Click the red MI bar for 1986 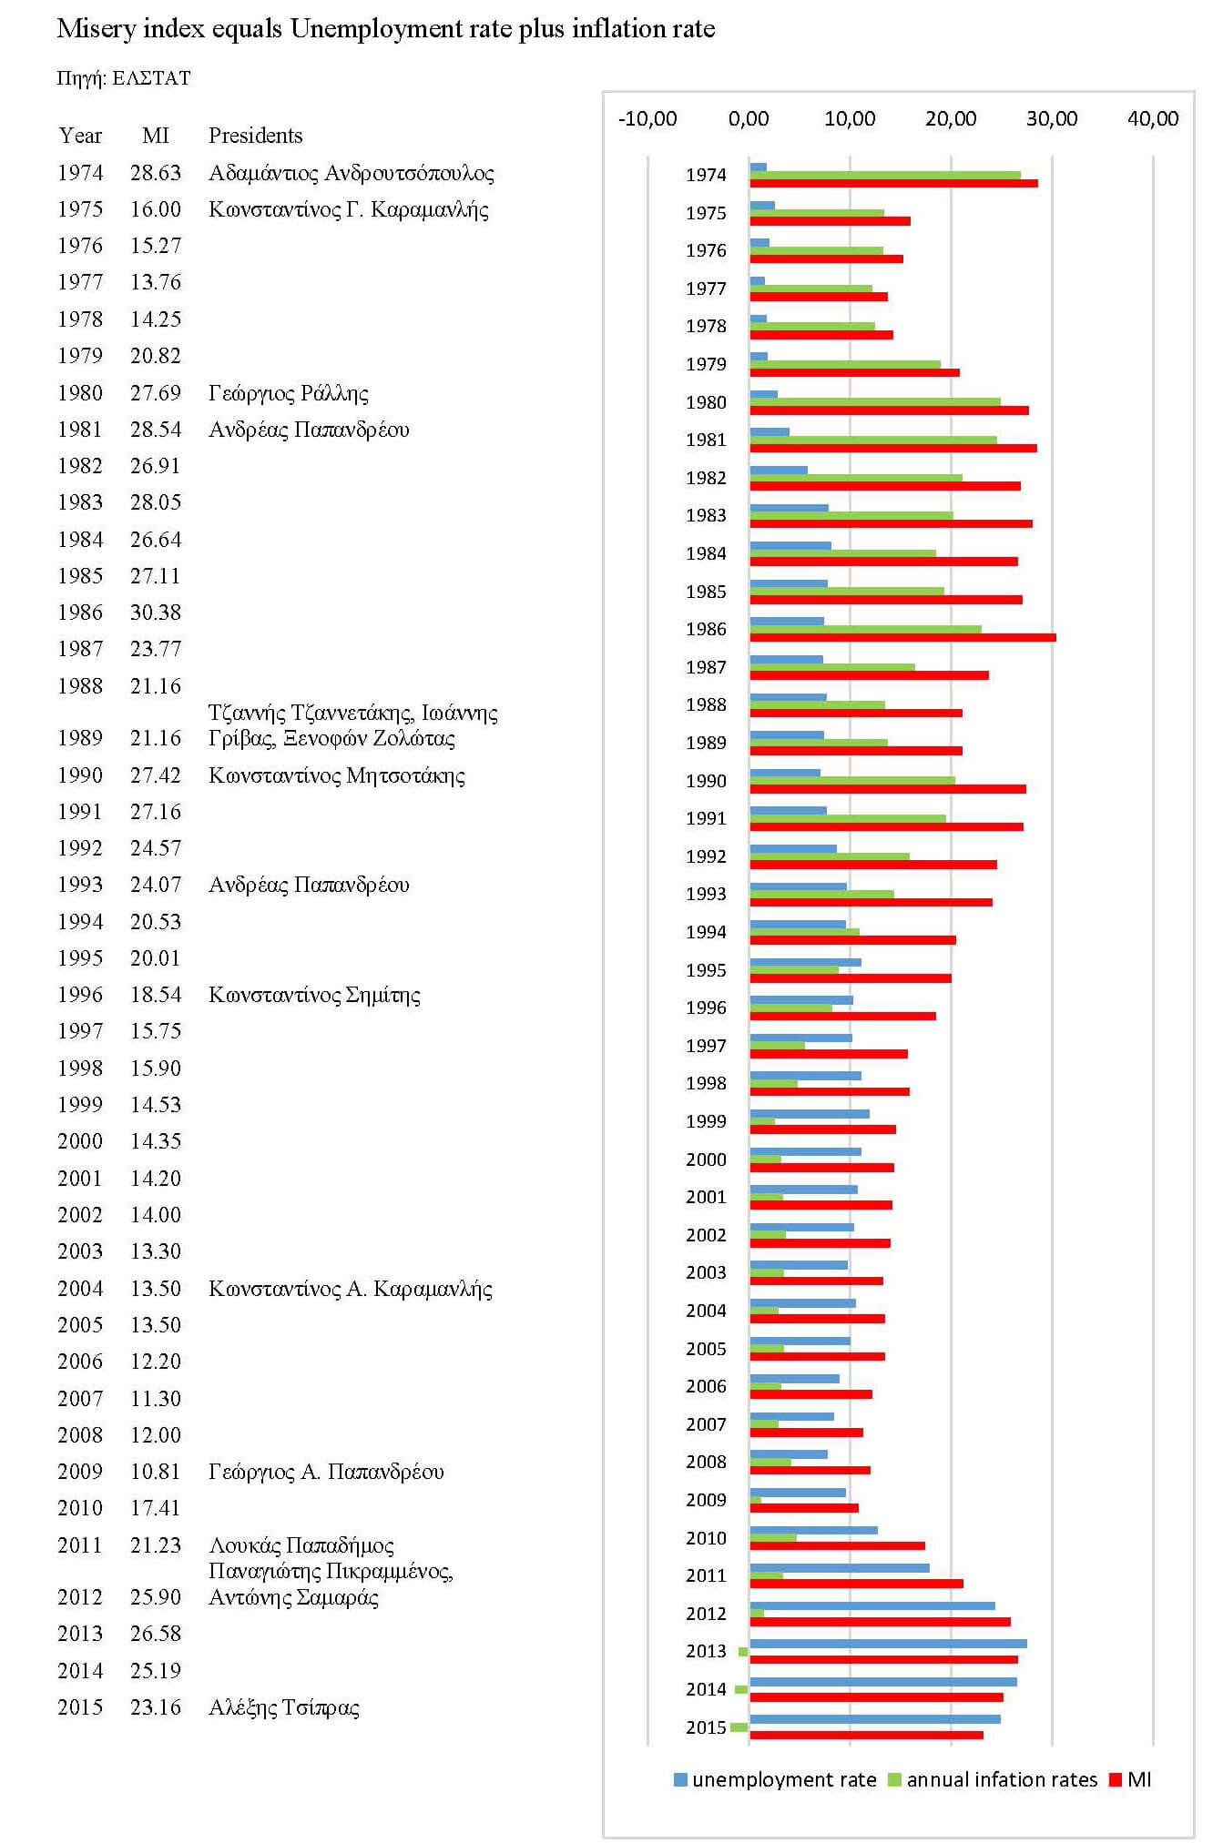pos(902,637)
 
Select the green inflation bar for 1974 pos(883,175)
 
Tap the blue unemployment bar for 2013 pos(888,1644)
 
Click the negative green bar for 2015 pos(739,1727)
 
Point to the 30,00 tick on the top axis pos(1051,118)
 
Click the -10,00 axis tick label pos(647,118)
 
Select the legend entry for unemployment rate pos(774,1780)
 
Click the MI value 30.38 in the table pos(155,613)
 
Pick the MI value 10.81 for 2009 pos(155,1472)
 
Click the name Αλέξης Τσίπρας pos(283,1707)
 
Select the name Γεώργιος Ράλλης pos(288,393)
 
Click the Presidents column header pos(255,136)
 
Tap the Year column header pos(80,136)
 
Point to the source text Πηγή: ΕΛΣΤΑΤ pos(124,78)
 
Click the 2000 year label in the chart pos(706,1159)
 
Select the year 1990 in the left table pos(80,775)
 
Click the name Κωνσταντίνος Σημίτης pos(314,995)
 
